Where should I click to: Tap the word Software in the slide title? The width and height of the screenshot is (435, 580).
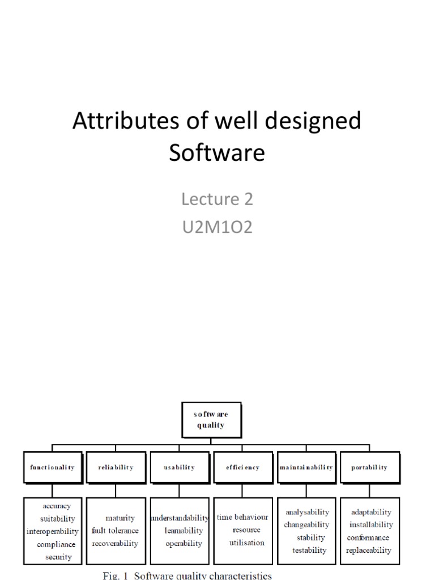217,153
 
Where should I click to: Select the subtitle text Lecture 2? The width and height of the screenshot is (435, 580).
217,199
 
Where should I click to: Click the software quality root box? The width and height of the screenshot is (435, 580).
211,420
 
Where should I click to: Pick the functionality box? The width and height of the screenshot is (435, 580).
52,467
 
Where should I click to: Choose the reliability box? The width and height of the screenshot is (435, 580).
116,467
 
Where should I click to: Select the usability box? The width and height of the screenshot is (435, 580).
179,467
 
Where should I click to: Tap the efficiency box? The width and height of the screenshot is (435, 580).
242,467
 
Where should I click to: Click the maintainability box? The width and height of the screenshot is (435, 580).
306,467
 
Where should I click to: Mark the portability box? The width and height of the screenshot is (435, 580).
369,467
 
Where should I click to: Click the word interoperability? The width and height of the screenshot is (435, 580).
53,531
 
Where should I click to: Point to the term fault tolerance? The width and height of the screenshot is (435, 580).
115,531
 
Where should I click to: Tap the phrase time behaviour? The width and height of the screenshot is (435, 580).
242,517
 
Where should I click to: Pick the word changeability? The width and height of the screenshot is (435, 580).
306,524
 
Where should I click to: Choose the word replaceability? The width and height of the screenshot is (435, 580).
369,550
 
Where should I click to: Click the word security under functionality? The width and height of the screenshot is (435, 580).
59,557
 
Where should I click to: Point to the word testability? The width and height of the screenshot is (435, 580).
309,550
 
